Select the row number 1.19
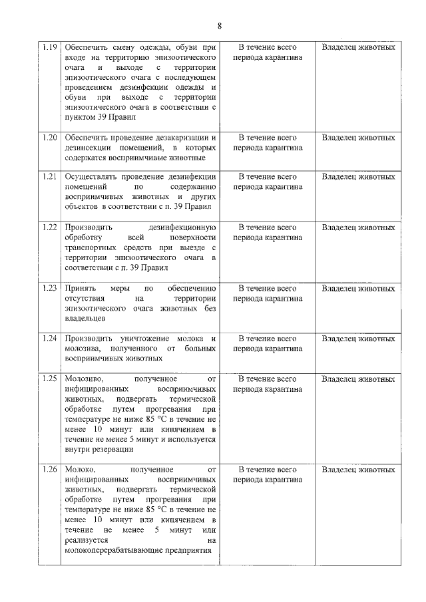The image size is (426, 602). (x=49, y=47)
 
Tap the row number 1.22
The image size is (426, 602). (x=49, y=227)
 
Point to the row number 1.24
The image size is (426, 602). (x=49, y=339)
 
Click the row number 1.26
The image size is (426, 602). (x=49, y=470)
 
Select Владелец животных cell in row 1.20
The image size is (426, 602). (x=357, y=138)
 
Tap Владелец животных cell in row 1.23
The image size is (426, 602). (x=357, y=289)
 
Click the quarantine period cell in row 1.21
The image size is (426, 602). (x=268, y=182)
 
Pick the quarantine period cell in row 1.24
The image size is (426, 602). (x=268, y=343)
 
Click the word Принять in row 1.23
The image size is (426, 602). (x=79, y=289)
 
